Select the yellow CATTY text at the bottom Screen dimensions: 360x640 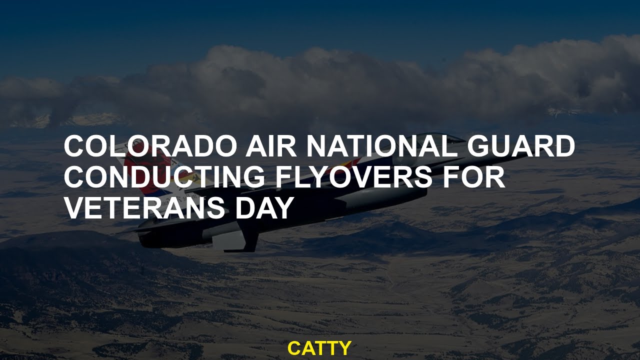pos(319,348)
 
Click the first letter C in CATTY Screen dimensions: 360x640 pos(294,348)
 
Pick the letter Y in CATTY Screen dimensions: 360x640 pos(345,348)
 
